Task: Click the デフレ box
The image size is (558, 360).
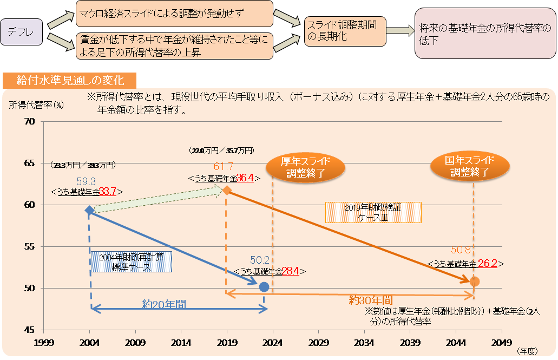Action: [21, 33]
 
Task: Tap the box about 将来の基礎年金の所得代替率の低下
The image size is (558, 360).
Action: [485, 34]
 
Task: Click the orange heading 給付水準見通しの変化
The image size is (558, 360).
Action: [70, 81]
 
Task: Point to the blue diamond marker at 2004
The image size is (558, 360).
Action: [89, 210]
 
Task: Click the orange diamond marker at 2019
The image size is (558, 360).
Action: [227, 190]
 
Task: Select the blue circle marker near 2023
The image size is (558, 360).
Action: [264, 287]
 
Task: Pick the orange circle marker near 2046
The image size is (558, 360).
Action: [475, 282]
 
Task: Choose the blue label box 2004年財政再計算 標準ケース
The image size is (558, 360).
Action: [132, 262]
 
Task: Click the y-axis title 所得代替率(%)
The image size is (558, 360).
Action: [36, 105]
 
